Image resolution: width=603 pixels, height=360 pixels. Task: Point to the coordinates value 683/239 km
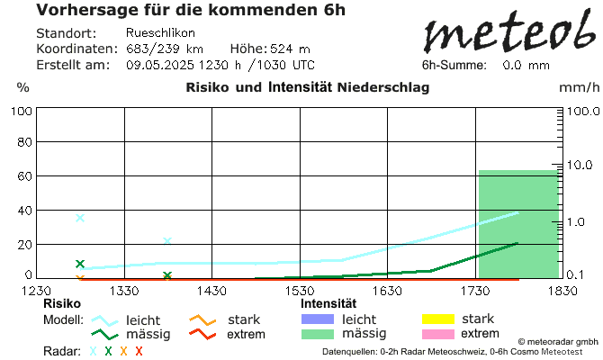[x=165, y=49]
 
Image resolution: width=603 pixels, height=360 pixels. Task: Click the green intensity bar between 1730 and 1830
[x=518, y=224]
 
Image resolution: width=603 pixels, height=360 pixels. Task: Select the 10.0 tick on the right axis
[x=581, y=166]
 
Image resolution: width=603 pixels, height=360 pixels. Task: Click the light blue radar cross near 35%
[x=80, y=218]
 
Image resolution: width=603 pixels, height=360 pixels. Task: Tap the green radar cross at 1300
[x=80, y=264]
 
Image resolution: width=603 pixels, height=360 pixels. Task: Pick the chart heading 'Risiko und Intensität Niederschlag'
[x=307, y=87]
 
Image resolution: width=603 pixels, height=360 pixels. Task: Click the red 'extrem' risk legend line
[x=202, y=335]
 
